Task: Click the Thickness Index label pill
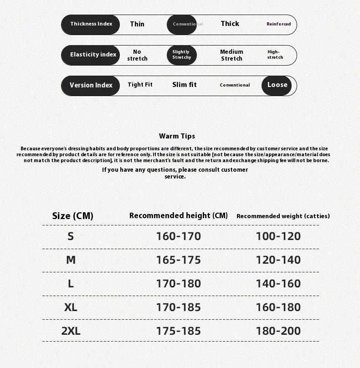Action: (91, 24)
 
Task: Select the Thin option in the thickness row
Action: (137, 24)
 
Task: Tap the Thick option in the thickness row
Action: (230, 24)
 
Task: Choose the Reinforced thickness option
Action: (278, 24)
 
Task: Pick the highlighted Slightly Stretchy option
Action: (182, 55)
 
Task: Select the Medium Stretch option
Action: (231, 55)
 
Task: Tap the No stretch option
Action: (137, 55)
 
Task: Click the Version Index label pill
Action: (91, 85)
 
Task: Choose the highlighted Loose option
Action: (277, 85)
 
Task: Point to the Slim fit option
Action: (185, 85)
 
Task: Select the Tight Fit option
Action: (140, 85)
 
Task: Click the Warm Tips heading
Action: (177, 136)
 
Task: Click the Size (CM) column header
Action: (73, 216)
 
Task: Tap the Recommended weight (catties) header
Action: (283, 216)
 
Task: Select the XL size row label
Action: (71, 307)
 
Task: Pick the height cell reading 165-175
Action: (178, 260)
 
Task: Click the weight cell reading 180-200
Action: (278, 331)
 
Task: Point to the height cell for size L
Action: (178, 284)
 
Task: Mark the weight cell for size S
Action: (278, 236)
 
